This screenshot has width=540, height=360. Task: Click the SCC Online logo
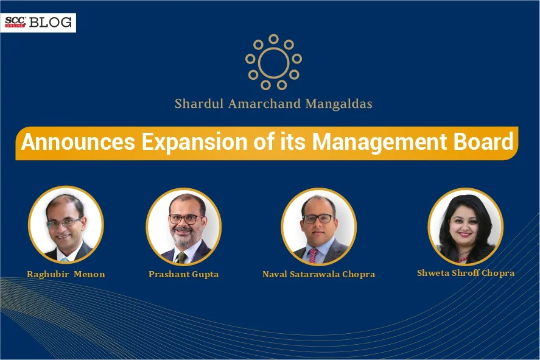15,22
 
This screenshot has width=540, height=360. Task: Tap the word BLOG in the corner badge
51,23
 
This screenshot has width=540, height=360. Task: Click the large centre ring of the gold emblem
274,62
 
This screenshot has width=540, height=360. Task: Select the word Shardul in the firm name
199,104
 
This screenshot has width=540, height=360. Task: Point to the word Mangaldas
339,104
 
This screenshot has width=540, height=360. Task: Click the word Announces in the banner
78,142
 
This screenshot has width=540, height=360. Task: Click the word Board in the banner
483,142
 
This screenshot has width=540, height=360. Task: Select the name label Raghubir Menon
66,274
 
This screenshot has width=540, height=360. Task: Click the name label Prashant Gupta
184,274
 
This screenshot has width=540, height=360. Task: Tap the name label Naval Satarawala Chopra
319,274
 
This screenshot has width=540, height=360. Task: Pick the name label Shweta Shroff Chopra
466,273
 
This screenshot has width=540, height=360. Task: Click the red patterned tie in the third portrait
313,256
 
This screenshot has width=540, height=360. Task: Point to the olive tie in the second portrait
181,257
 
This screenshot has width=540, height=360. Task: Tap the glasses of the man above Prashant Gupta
185,219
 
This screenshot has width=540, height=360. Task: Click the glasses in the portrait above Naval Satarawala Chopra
318,219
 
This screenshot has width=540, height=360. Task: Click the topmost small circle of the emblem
274,39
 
